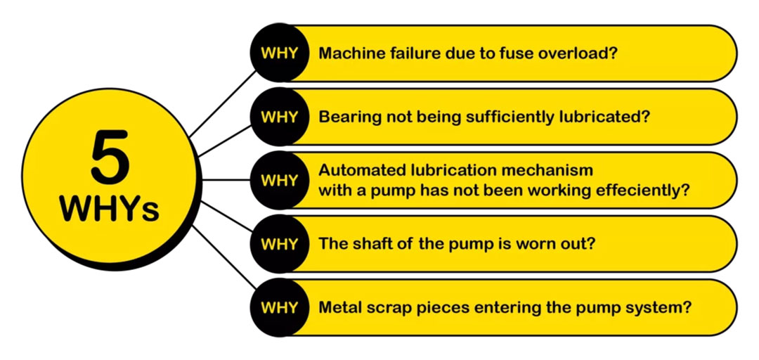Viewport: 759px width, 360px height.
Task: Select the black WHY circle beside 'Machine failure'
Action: click(x=279, y=53)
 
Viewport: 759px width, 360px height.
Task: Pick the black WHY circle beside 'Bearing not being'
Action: click(x=279, y=117)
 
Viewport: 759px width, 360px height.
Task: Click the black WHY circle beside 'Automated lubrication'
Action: click(x=279, y=180)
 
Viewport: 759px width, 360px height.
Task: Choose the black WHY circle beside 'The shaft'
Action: click(x=279, y=244)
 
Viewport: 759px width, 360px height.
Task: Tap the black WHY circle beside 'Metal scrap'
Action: click(x=279, y=307)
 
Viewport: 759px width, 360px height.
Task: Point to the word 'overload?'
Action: click(x=581, y=53)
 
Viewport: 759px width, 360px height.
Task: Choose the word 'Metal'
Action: click(x=339, y=307)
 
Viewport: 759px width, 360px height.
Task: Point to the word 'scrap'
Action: click(x=384, y=307)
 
